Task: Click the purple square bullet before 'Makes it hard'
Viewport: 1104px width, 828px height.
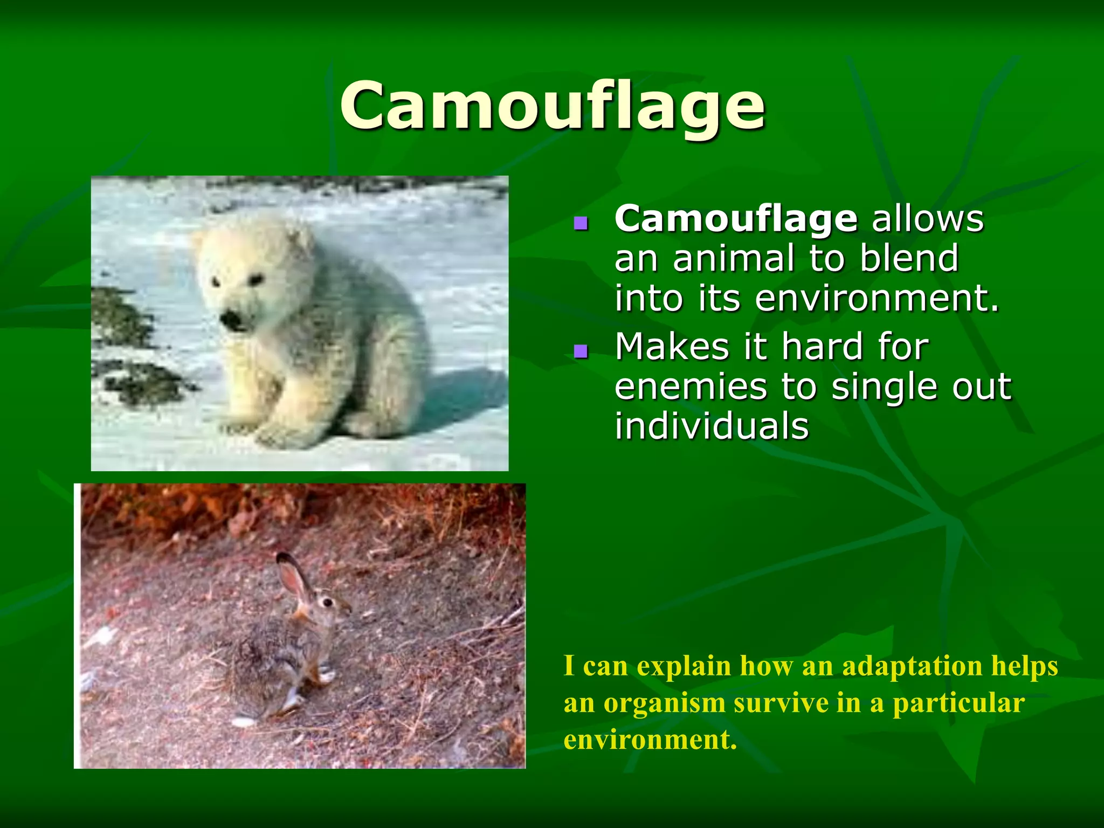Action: pos(581,352)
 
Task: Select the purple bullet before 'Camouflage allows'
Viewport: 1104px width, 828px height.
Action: pos(581,223)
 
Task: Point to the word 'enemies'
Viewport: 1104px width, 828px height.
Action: pos(691,387)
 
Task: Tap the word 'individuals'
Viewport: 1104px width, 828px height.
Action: pos(712,426)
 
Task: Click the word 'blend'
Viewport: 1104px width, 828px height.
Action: pos(909,258)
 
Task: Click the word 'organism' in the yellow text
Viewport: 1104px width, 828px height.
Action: pos(664,703)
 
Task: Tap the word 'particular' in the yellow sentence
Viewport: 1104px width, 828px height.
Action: pos(958,703)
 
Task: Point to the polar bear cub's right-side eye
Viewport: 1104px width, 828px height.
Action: pos(256,279)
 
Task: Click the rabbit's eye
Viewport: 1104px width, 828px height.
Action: pos(327,602)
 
